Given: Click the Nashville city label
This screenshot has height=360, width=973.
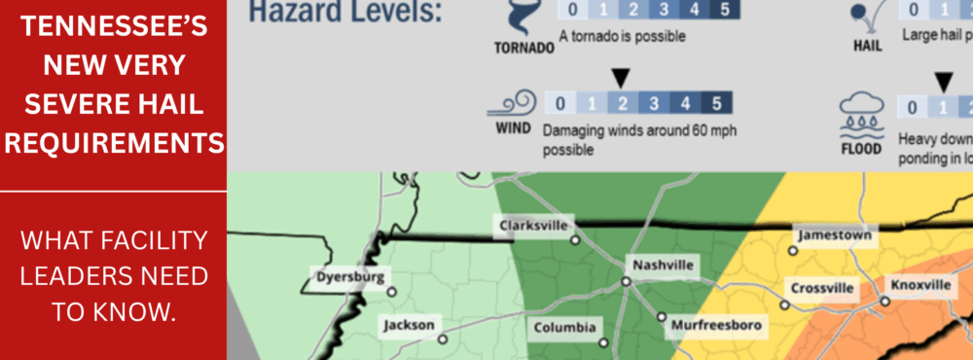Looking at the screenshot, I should click(663, 265).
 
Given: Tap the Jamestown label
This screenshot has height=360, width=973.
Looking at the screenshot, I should click(834, 235).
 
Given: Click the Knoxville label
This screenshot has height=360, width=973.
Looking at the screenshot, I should click(919, 285).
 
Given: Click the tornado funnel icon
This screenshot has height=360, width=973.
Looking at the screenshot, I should click(523, 18).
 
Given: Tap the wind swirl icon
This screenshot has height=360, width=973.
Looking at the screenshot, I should click(517, 103).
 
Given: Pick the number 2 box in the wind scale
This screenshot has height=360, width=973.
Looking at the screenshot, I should click(622, 104).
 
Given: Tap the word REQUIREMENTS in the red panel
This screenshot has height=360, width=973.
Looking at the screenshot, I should click(113, 144).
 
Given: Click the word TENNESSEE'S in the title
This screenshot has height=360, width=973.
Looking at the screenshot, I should click(113, 28).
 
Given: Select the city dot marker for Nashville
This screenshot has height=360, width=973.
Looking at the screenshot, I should click(627, 282).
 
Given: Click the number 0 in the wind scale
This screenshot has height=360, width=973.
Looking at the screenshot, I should click(559, 104).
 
